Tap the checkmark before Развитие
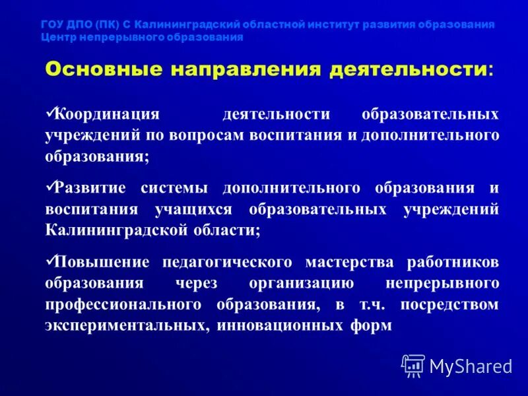coord(50,187)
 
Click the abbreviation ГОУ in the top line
coord(52,24)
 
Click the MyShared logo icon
coord(413,365)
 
